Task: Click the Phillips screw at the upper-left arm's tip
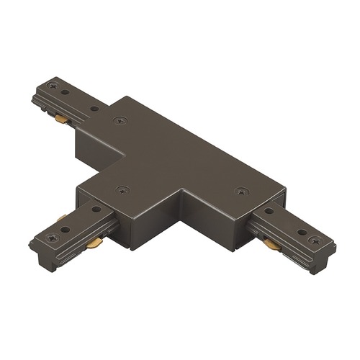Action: (x=51, y=86)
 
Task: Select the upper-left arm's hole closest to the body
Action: (x=94, y=109)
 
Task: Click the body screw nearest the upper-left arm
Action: (x=119, y=120)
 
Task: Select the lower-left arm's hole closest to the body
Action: (x=96, y=209)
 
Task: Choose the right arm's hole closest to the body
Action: (x=269, y=210)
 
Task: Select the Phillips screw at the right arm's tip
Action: (x=313, y=240)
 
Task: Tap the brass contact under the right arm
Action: (x=271, y=245)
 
